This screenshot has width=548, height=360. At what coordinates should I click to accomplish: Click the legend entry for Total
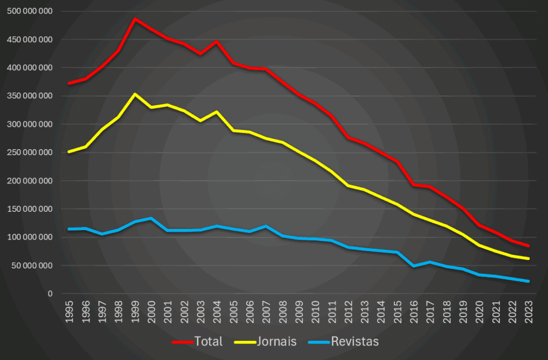point(197,341)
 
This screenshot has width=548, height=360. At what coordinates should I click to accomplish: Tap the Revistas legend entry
point(346,341)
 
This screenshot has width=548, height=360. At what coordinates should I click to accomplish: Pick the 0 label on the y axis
point(50,294)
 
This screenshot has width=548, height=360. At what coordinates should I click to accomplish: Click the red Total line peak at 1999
point(135,19)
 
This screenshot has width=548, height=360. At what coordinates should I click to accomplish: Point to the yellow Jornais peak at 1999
point(135,94)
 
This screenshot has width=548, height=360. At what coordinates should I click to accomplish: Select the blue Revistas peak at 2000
point(151,218)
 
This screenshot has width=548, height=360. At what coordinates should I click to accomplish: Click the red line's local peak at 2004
point(217,41)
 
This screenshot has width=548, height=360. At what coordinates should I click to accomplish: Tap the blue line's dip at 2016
point(414,266)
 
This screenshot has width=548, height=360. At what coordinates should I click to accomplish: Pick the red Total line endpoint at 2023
point(529,246)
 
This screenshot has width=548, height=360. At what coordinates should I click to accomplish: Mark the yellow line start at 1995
point(69,152)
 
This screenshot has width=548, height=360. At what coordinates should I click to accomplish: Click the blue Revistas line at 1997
point(102,234)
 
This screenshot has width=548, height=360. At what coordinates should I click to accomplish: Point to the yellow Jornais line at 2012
point(348,186)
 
